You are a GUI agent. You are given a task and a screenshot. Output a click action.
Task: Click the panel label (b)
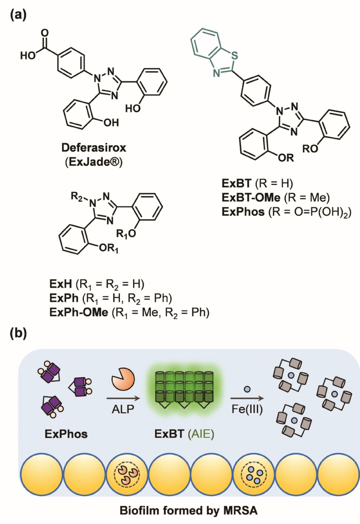pyautogui.click(x=18, y=334)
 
